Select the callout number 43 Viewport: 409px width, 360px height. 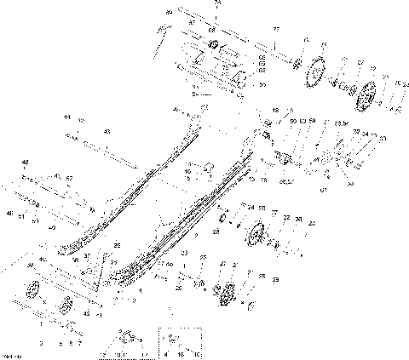[x=107, y=132]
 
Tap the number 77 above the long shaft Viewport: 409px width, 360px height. [x=275, y=29]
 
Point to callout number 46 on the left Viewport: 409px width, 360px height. [x=24, y=162]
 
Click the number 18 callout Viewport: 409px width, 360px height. [x=274, y=111]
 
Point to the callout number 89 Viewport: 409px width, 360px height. [x=169, y=13]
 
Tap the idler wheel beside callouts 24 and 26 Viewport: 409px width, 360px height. [x=256, y=235]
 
